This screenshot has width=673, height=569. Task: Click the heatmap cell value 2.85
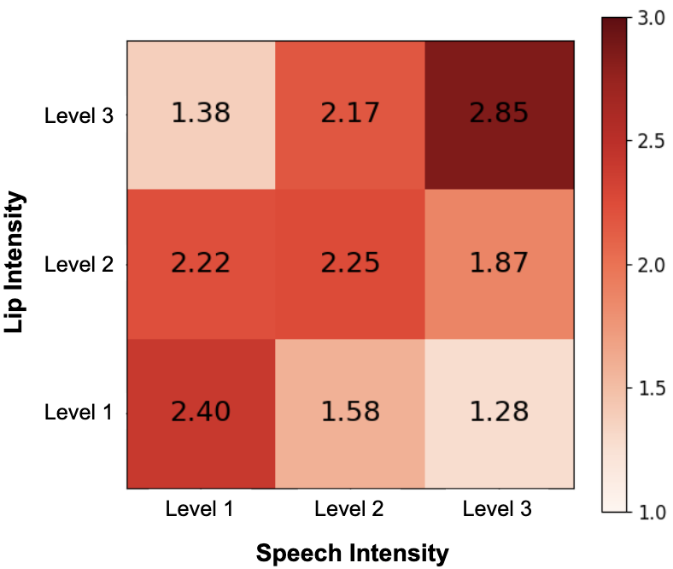coord(499,113)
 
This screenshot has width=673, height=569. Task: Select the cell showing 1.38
coord(202,113)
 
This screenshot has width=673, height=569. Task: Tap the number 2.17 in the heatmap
coord(350,113)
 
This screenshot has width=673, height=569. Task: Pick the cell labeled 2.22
coord(202,262)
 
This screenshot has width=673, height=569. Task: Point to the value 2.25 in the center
coord(350,262)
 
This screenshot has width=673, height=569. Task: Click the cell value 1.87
coord(499,262)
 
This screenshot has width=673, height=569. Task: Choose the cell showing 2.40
coord(202,412)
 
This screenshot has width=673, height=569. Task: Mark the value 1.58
coord(350,412)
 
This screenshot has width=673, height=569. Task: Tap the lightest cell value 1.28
coord(499,412)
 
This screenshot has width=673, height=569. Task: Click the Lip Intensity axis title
coord(17,263)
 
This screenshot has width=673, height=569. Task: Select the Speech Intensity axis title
coord(352,553)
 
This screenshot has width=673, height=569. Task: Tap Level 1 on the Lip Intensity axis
coord(78,414)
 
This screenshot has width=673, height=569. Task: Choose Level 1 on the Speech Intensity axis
coord(201,510)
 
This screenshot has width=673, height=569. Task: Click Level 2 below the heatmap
coord(349,510)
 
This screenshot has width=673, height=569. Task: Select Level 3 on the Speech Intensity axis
coord(498,510)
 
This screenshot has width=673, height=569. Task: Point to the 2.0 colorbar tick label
coord(652,265)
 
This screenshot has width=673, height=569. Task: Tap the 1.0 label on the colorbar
coord(652,512)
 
